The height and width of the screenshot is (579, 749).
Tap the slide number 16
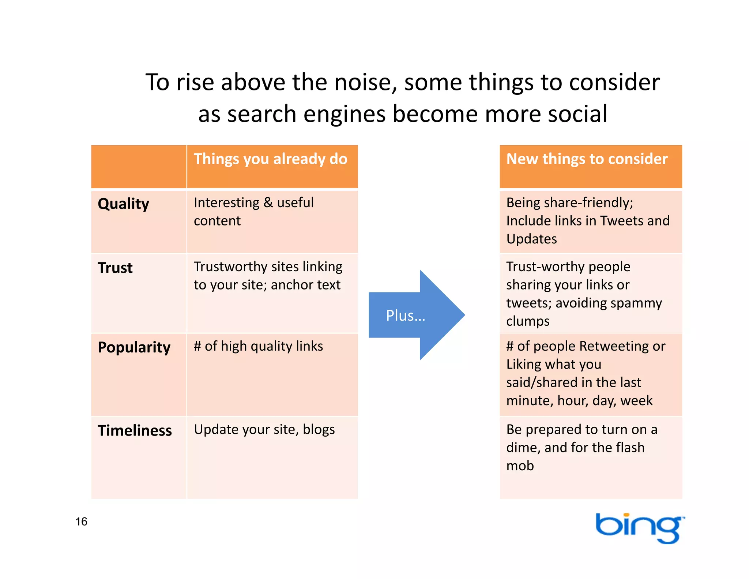[81, 521]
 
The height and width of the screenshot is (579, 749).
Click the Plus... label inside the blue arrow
[405, 315]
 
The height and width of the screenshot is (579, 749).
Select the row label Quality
[124, 204]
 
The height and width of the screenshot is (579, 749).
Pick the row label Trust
[115, 268]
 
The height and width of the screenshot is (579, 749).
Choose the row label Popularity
[134, 347]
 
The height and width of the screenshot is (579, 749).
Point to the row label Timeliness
[135, 430]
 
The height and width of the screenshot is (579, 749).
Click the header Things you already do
[270, 159]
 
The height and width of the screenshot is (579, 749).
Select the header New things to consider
[587, 159]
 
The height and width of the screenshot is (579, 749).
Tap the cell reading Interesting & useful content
[253, 212]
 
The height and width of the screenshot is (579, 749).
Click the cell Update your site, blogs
[264, 429]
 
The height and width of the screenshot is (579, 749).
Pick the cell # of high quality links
[258, 346]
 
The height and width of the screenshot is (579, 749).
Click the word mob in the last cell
[520, 466]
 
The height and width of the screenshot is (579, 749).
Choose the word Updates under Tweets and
[531, 239]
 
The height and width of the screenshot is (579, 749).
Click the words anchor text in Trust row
[305, 285]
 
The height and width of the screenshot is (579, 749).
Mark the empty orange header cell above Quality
[139, 167]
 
